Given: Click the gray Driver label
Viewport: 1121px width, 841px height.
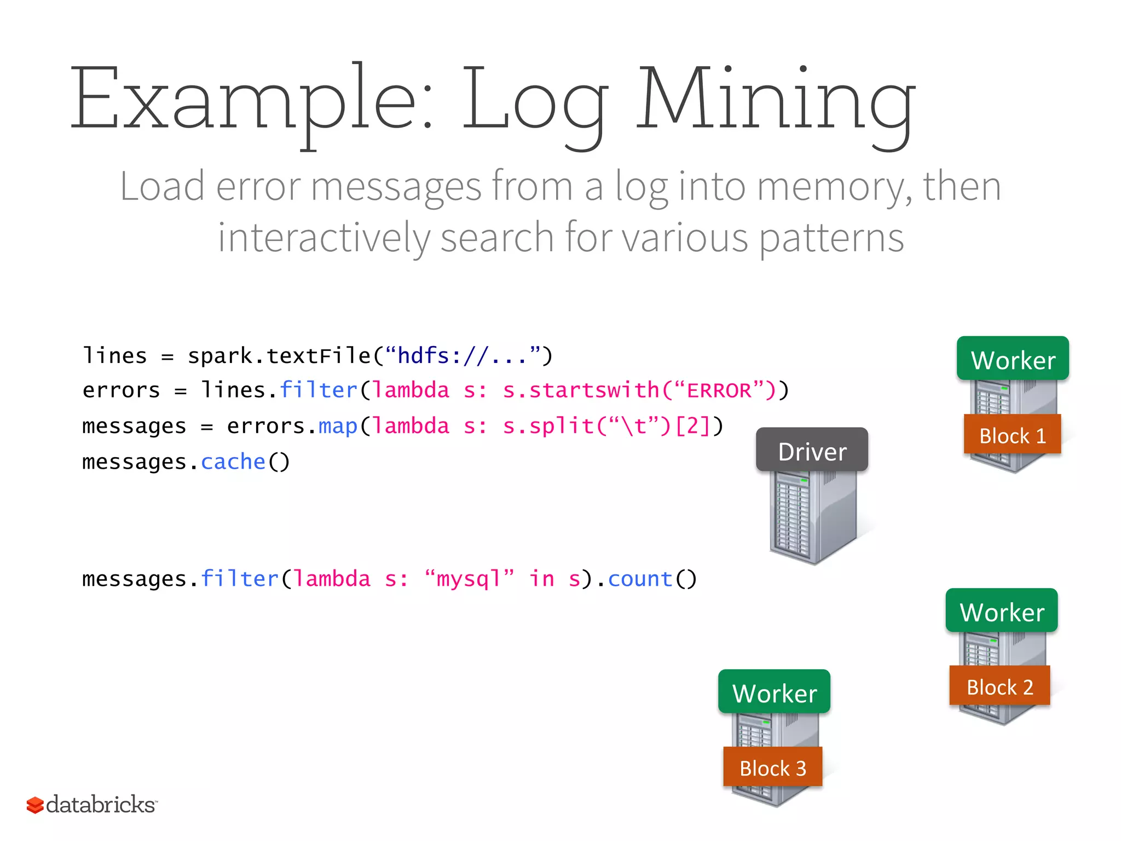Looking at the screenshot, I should coord(812,451).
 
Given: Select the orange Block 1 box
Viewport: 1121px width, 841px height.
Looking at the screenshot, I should coord(1012,435).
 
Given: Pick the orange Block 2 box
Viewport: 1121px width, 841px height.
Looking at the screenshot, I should coord(999,686).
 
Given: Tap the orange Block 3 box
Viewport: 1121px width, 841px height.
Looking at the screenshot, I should coord(772,767).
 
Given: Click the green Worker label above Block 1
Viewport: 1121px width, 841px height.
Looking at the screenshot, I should coord(1013,359).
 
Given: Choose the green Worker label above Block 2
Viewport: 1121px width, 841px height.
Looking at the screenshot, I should coord(1002,611).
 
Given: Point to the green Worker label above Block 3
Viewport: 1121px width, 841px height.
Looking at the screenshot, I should coord(774,692).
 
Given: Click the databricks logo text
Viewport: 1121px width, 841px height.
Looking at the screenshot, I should coord(101,804).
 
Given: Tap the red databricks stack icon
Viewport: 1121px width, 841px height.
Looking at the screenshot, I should coord(35,805).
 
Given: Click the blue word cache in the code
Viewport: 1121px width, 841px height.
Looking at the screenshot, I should coord(233,462).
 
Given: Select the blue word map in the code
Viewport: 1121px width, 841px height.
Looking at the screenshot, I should coord(338,425).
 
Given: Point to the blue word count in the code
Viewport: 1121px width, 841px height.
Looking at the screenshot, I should coord(640,579).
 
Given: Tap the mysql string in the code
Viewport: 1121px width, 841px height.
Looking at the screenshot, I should coord(469,579).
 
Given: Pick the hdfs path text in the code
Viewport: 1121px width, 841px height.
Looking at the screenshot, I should coord(463,356).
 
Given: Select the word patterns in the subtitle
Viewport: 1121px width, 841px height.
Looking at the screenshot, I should coord(831,238).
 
